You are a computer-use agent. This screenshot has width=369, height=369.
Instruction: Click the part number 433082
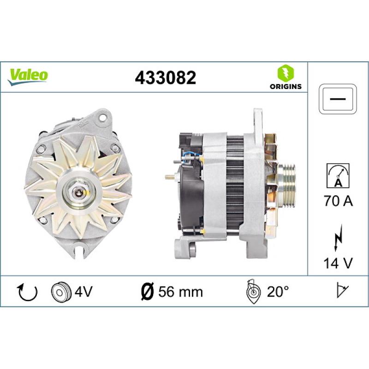[x=165, y=77]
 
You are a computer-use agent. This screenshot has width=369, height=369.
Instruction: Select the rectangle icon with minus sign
[x=338, y=99]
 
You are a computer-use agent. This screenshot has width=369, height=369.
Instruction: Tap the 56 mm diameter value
[x=180, y=292]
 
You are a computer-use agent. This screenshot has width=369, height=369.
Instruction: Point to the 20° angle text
[x=279, y=292]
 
